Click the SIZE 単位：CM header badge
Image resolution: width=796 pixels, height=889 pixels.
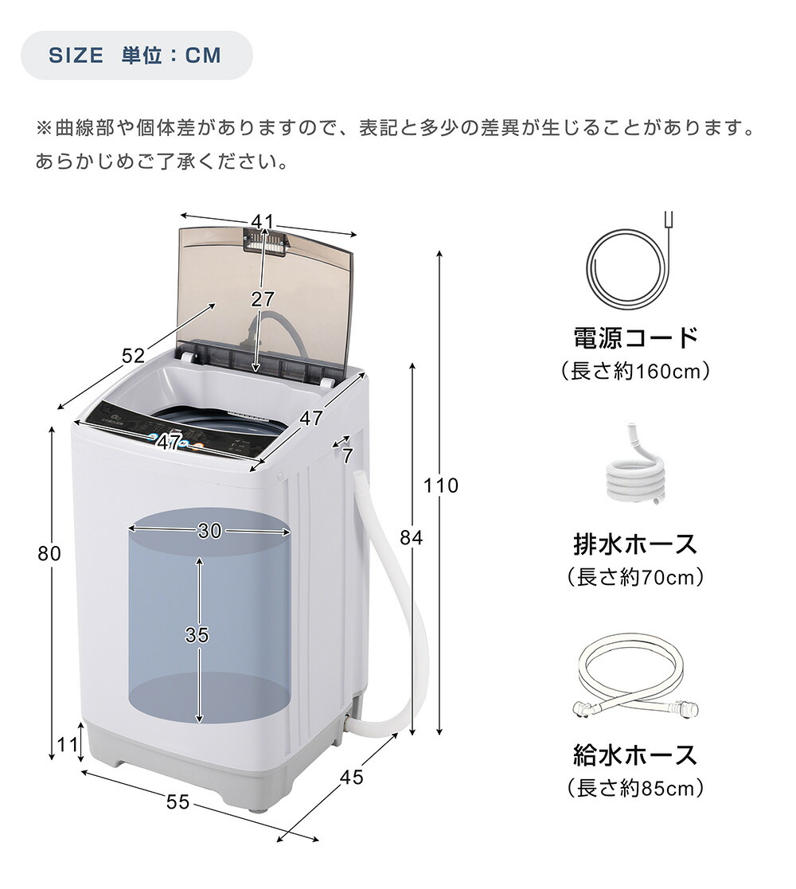pos(137,56)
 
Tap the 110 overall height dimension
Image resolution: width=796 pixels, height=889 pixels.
pos(440,485)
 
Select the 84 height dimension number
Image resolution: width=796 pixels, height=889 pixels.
pos(411,537)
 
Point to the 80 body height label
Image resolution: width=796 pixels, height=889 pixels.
pos(49,553)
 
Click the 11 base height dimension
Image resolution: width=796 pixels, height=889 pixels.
pos(68,744)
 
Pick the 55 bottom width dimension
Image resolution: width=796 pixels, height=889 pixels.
pos(178,801)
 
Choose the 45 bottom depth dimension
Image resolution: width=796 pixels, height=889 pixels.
pos(351,777)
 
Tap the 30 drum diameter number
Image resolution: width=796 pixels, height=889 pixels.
pos(209,531)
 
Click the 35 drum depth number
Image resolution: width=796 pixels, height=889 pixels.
pos(197,634)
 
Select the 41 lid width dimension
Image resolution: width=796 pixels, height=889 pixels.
pos(263,221)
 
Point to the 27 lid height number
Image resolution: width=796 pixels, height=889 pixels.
pos(263,298)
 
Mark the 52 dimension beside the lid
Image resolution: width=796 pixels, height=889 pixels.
pos(134,356)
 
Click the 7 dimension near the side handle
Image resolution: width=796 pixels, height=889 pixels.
pos(348,455)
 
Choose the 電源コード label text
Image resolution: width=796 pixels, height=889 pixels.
pos(635,337)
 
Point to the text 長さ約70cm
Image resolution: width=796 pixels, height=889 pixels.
pos(635,577)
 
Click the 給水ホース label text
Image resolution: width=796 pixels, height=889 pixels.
pos(635,754)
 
